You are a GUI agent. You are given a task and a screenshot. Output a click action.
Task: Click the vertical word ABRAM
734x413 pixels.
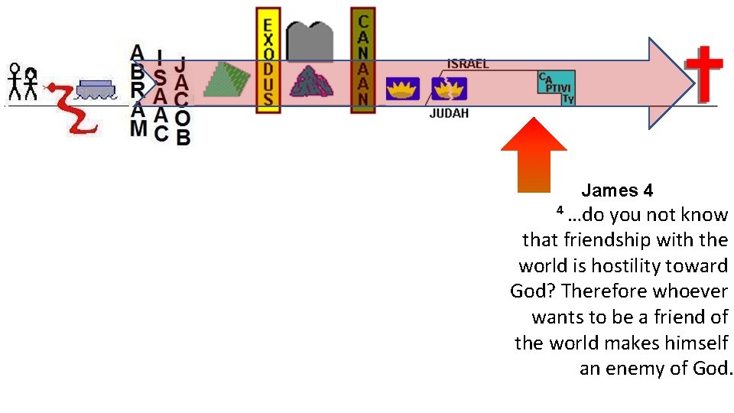138,90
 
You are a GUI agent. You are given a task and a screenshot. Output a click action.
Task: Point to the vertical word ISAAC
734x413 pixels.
160,96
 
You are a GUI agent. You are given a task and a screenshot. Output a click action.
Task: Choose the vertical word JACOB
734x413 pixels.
182,100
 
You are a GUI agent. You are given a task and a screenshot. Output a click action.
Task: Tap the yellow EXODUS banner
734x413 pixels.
267,61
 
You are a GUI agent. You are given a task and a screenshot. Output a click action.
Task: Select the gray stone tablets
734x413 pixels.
309,38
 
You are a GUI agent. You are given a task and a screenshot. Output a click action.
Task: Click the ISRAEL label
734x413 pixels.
468,64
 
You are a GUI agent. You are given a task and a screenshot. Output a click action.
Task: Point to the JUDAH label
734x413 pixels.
449,114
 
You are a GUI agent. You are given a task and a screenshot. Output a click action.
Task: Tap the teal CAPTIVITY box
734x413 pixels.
557,88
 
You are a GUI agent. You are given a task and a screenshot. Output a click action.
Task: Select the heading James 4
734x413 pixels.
617,190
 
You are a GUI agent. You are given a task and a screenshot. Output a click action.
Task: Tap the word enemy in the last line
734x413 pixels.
632,369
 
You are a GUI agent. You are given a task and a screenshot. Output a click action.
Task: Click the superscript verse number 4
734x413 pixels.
560,210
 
